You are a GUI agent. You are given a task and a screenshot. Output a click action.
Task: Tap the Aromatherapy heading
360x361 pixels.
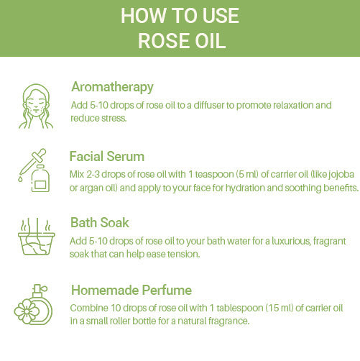click(112, 87)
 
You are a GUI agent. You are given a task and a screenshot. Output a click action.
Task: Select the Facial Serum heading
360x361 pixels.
click(107, 157)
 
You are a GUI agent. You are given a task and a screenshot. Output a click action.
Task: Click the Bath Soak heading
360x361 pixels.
click(100, 222)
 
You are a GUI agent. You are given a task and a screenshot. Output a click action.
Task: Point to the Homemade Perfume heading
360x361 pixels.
click(131, 290)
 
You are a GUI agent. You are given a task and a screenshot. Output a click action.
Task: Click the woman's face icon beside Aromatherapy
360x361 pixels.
click(36, 106)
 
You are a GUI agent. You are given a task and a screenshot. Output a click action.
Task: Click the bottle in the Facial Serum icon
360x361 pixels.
click(40, 178)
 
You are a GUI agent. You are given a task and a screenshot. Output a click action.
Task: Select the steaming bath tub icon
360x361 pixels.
click(37, 237)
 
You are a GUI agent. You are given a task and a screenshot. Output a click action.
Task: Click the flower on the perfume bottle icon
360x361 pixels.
click(27, 311)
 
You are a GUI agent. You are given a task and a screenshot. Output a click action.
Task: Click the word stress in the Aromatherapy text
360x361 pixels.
click(116, 118)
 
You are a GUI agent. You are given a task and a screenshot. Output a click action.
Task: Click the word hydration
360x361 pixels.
click(245, 188)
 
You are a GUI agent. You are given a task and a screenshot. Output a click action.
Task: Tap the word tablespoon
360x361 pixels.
click(240, 309)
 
